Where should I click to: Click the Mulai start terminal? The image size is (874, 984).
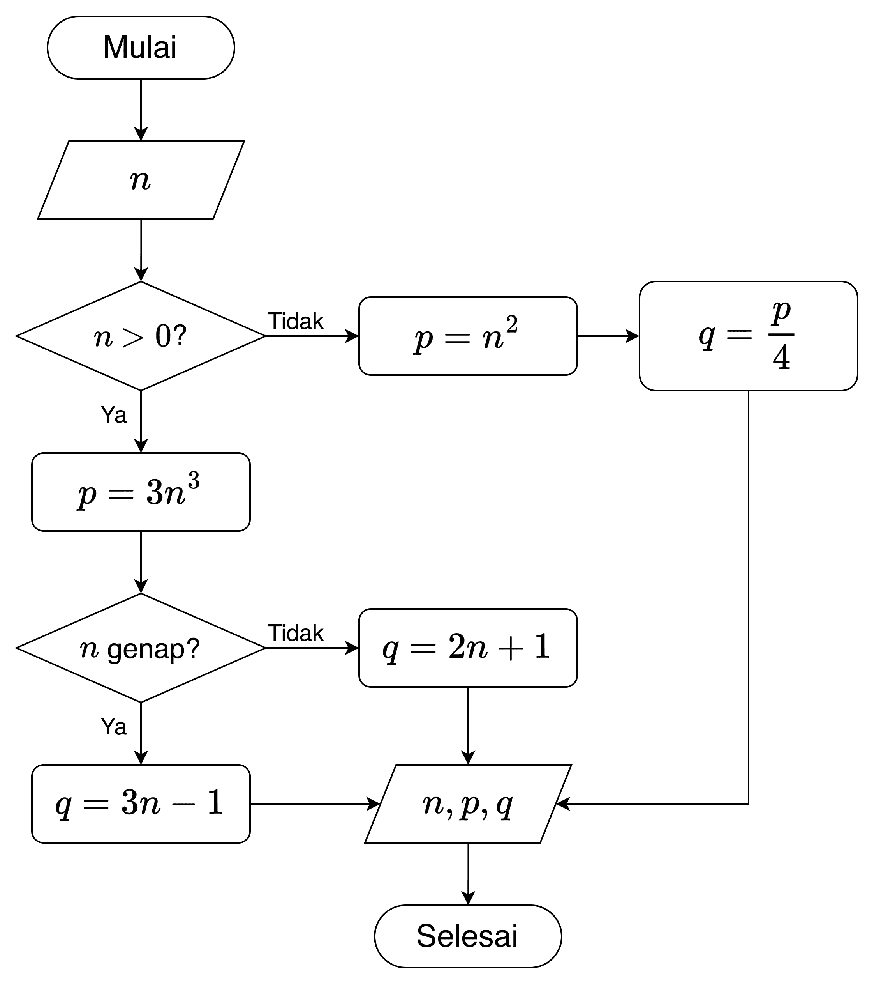(x=141, y=47)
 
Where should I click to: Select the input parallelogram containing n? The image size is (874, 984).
(x=141, y=180)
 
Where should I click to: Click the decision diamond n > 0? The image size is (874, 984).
(x=141, y=336)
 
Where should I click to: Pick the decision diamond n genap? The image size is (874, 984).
(x=141, y=648)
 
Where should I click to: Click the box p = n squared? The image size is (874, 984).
(x=467, y=336)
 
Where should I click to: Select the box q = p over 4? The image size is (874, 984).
(x=748, y=336)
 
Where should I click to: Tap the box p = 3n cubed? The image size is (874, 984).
(x=141, y=492)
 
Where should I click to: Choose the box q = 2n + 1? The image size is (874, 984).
(x=467, y=648)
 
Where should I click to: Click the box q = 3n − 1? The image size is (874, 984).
(x=141, y=804)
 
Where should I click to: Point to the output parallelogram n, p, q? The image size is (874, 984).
(x=467, y=804)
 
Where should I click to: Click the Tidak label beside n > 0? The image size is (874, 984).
(x=295, y=321)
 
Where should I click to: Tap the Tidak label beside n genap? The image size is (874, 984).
(x=295, y=633)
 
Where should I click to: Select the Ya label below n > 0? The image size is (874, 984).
(x=113, y=414)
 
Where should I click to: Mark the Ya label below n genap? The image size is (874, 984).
(x=113, y=726)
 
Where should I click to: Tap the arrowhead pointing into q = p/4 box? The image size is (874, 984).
(x=633, y=336)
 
